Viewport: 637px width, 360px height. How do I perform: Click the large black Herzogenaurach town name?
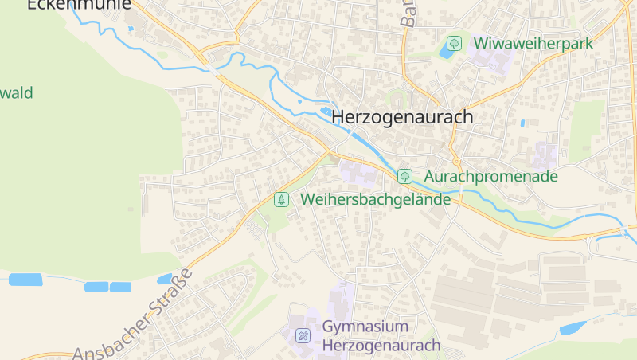[402, 117]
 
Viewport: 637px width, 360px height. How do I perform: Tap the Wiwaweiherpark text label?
[533, 43]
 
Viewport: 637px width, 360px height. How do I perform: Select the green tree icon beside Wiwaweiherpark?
[454, 43]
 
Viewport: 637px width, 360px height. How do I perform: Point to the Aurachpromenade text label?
[490, 176]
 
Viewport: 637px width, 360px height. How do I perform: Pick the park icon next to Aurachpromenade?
[404, 176]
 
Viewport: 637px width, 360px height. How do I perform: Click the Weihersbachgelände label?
[376, 200]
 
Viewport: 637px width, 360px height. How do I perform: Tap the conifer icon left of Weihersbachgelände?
[280, 200]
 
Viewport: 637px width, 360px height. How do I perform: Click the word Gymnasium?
[365, 327]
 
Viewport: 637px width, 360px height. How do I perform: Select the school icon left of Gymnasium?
[303, 335]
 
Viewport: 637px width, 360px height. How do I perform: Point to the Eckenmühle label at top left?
[79, 5]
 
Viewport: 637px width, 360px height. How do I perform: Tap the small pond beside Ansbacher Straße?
[165, 280]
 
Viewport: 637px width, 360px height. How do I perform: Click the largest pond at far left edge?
[25, 280]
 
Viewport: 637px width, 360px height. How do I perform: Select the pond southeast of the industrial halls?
[573, 327]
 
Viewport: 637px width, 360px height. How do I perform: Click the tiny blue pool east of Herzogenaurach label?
[522, 123]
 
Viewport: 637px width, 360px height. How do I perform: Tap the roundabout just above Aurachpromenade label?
[455, 155]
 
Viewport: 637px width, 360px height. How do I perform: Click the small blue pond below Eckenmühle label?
[131, 29]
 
